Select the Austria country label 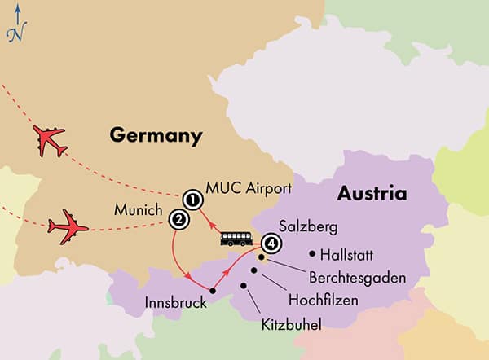click(x=372, y=195)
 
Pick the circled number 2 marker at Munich click(x=176, y=218)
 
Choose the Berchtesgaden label click(x=356, y=277)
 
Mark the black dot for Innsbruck click(x=213, y=291)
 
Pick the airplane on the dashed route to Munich click(x=68, y=223)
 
